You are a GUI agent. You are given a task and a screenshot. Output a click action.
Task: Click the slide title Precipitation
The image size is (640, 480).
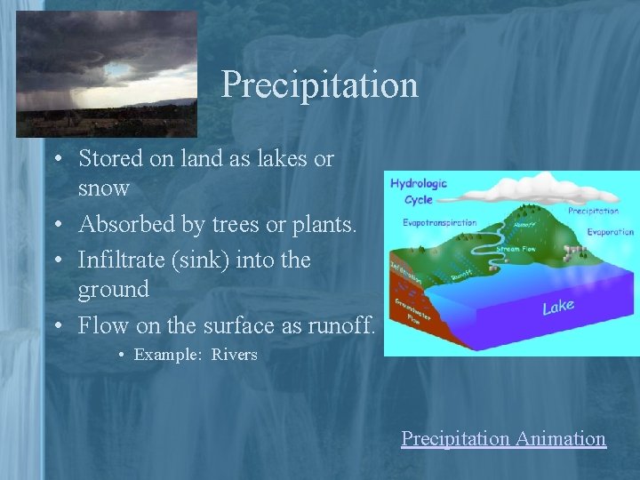coord(319,85)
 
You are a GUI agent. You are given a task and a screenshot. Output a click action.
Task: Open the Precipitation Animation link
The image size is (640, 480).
coord(503,438)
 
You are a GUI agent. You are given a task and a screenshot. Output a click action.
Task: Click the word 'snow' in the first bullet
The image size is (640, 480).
coord(104,188)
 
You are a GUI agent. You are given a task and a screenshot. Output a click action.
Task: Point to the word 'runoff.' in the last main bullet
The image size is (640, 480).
coord(341,325)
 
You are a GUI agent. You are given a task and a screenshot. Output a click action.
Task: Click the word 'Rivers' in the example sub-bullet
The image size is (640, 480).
coord(234,355)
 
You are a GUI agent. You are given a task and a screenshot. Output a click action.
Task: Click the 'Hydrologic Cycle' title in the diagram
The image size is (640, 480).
coord(418,191)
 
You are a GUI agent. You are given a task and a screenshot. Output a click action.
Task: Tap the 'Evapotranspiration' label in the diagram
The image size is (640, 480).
coord(439,222)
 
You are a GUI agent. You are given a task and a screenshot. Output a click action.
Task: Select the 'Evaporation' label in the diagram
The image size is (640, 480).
coord(610,231)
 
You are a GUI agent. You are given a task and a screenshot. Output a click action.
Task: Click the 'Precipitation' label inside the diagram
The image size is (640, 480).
coord(593,212)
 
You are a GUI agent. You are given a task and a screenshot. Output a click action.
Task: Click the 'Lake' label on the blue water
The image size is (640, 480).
coord(558,307)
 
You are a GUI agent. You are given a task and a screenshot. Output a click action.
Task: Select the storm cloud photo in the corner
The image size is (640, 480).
coord(106,74)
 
